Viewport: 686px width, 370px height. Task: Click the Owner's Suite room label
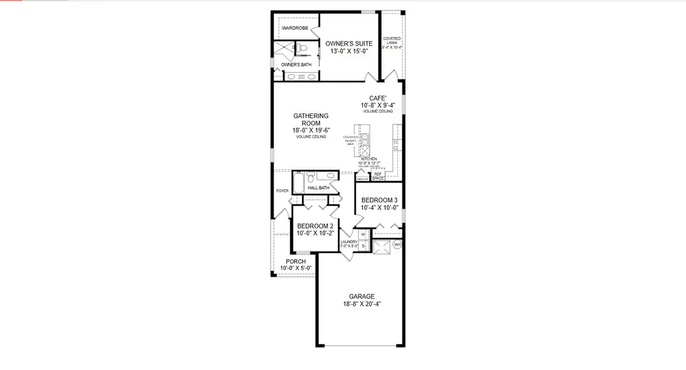[349, 43]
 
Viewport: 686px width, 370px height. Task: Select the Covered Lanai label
[392, 41]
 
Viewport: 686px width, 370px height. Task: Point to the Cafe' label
[377, 98]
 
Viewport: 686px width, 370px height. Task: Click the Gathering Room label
[311, 120]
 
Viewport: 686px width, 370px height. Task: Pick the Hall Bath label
[319, 187]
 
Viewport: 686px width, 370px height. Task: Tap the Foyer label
[282, 191]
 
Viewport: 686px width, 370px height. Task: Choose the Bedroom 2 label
[315, 226]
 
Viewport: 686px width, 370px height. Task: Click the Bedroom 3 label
[379, 200]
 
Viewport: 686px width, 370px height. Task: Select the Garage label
[362, 297]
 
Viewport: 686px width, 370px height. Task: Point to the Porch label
[296, 261]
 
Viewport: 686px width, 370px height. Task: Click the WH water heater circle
[397, 245]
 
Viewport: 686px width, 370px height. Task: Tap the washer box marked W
[363, 235]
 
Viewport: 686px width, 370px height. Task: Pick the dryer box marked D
[363, 246]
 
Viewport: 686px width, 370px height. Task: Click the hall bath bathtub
[299, 183]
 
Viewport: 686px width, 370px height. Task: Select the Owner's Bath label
[296, 64]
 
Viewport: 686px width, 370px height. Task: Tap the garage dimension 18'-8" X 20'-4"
[362, 304]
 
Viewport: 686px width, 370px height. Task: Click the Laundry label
[349, 242]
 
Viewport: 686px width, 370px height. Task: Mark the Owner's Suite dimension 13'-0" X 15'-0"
[349, 51]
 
